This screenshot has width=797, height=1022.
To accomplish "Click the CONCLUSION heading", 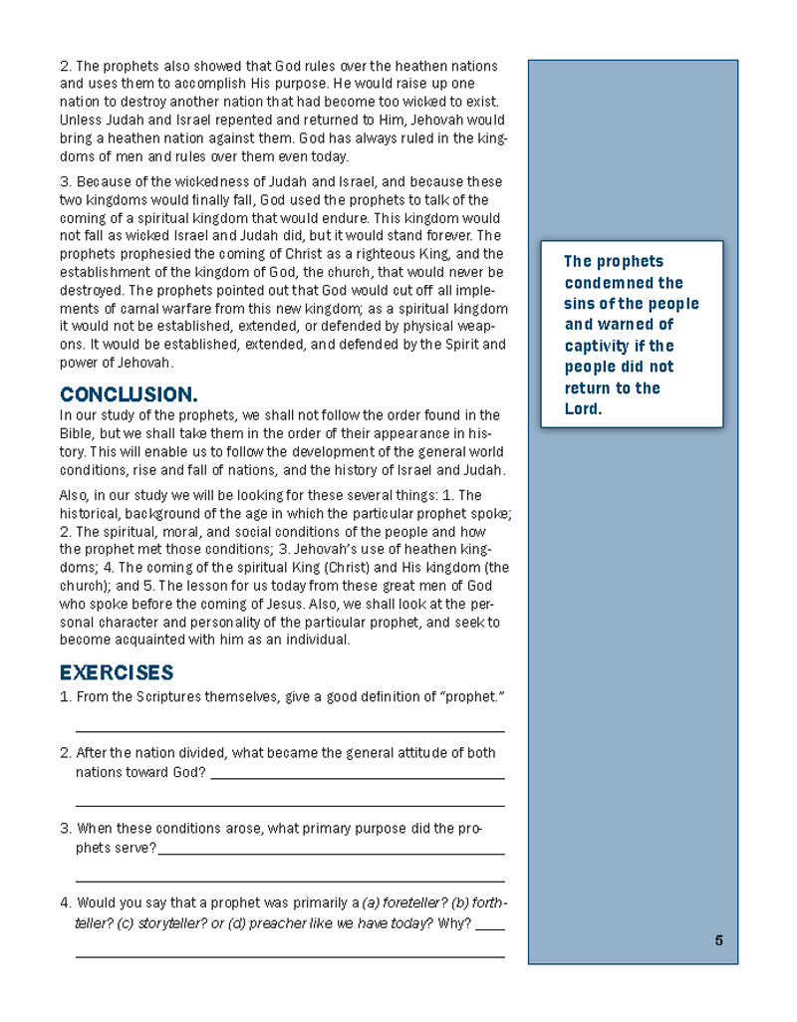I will (129, 394).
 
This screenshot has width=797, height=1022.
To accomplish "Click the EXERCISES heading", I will (117, 672).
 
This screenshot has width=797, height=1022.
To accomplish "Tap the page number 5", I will (718, 940).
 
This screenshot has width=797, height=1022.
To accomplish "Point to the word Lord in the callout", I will (584, 408).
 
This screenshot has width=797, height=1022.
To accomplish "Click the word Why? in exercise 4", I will (454, 923).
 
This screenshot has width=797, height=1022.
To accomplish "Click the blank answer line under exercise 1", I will (289, 731).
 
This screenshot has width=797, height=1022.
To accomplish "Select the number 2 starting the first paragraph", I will (64, 67).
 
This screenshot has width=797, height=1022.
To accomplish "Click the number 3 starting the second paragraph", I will (64, 181).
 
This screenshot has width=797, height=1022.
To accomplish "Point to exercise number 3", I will (64, 828).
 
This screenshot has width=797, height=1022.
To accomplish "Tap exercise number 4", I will (64, 902).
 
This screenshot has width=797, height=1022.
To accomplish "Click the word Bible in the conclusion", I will (78, 433).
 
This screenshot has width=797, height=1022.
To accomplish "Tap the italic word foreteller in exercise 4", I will (411, 902).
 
